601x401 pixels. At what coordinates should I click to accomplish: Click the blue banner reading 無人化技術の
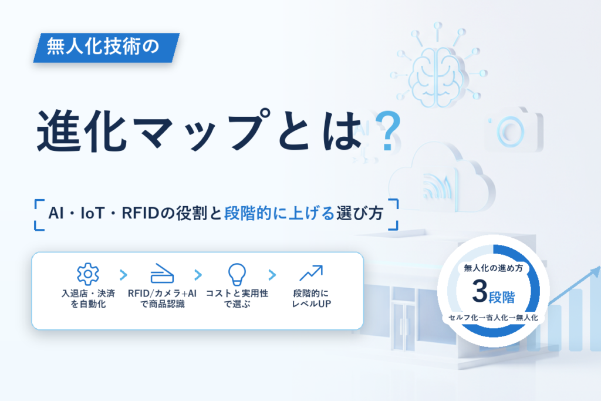tap(106, 48)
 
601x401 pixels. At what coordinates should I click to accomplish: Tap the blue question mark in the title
tap(388, 130)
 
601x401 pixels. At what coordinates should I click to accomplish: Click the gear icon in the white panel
tap(88, 274)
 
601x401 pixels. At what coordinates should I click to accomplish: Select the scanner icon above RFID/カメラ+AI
tap(162, 274)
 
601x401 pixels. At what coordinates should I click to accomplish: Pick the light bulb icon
tap(237, 274)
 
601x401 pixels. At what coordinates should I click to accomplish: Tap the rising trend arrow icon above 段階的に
tap(311, 273)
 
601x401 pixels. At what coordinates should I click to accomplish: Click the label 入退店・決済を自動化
tap(88, 299)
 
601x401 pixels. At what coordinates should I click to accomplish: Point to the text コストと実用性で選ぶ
tap(237, 299)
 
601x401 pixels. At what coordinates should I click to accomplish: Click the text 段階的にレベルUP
tap(311, 299)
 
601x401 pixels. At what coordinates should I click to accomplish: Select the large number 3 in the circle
tap(480, 291)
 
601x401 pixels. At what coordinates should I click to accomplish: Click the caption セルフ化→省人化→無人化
tap(493, 318)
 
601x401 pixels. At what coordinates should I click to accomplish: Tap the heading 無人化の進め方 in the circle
tap(493, 268)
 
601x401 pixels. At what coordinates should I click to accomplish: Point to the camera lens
tap(511, 132)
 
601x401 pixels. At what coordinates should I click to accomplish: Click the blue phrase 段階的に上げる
tap(279, 214)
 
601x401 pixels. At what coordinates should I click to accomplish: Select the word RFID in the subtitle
tap(140, 214)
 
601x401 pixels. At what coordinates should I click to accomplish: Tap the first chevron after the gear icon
tap(123, 275)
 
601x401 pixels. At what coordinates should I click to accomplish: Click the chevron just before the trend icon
tap(272, 275)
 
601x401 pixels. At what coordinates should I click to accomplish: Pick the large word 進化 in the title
tap(82, 131)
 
